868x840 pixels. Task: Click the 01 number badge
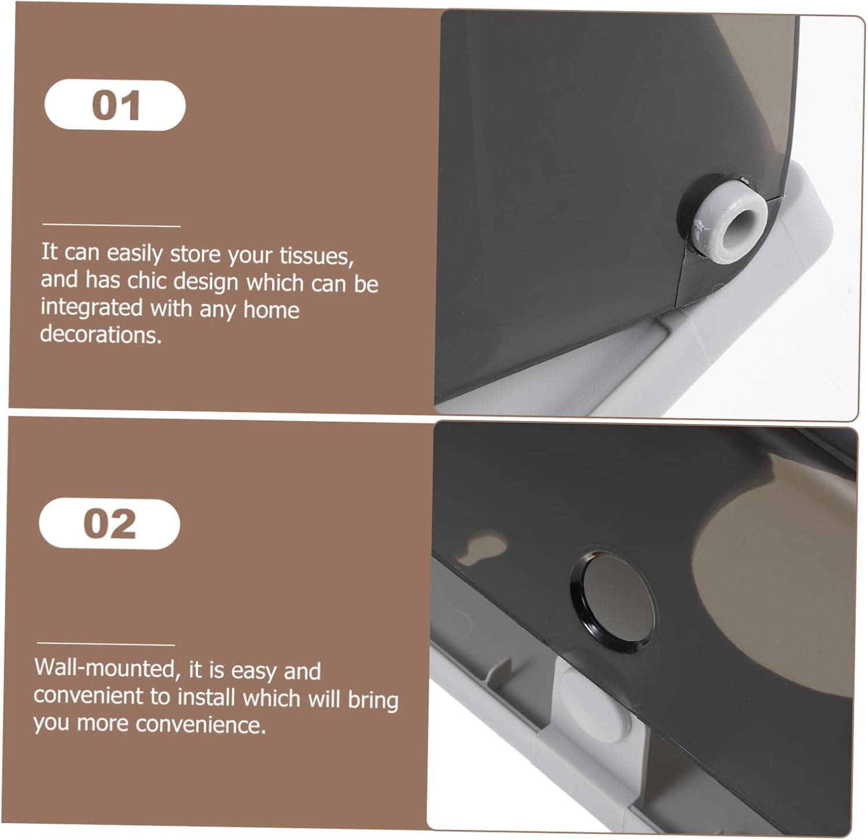click(x=115, y=105)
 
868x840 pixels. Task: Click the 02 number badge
click(x=109, y=524)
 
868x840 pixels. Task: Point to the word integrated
click(x=92, y=308)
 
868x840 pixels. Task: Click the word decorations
click(x=101, y=334)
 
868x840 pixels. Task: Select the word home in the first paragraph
click(x=271, y=310)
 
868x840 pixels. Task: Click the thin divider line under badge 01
click(x=111, y=225)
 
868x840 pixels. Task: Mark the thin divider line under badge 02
click(x=106, y=643)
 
